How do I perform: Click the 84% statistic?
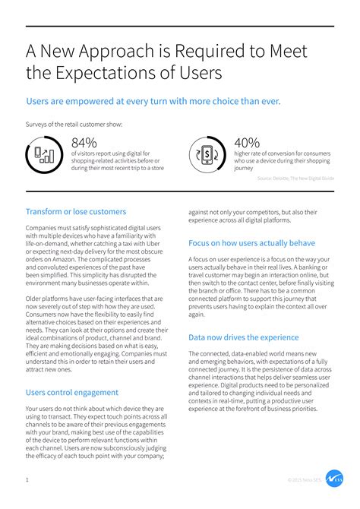pos(85,142)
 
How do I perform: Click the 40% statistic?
pos(247,142)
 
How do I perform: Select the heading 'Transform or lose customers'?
pos(76,211)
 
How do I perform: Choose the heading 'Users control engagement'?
pos(72,392)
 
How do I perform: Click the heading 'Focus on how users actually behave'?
pos(251,243)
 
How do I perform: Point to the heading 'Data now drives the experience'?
pos(244,337)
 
